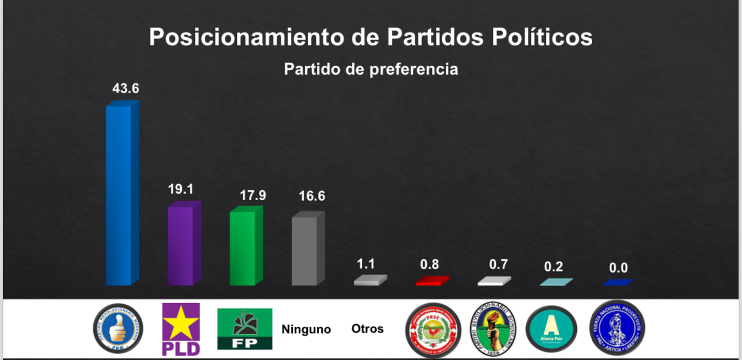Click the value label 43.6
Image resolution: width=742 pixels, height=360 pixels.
click(x=125, y=89)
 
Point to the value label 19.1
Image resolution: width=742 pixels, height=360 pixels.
click(x=182, y=189)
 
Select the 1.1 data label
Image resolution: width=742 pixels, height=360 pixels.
click(x=366, y=264)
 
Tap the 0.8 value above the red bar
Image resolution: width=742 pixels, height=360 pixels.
click(x=429, y=264)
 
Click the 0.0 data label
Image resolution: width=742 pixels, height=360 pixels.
click(x=618, y=267)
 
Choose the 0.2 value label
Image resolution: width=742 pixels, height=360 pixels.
click(x=553, y=267)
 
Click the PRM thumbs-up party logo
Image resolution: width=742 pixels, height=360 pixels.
click(x=118, y=328)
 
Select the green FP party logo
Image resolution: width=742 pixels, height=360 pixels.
click(x=244, y=329)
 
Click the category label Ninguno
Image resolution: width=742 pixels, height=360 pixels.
click(x=306, y=330)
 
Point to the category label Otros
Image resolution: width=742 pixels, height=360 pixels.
click(x=367, y=329)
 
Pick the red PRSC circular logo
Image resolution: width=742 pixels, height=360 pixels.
click(x=433, y=330)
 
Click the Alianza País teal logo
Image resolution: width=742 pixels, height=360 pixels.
click(x=551, y=329)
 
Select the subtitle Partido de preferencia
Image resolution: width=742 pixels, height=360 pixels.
click(x=371, y=69)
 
